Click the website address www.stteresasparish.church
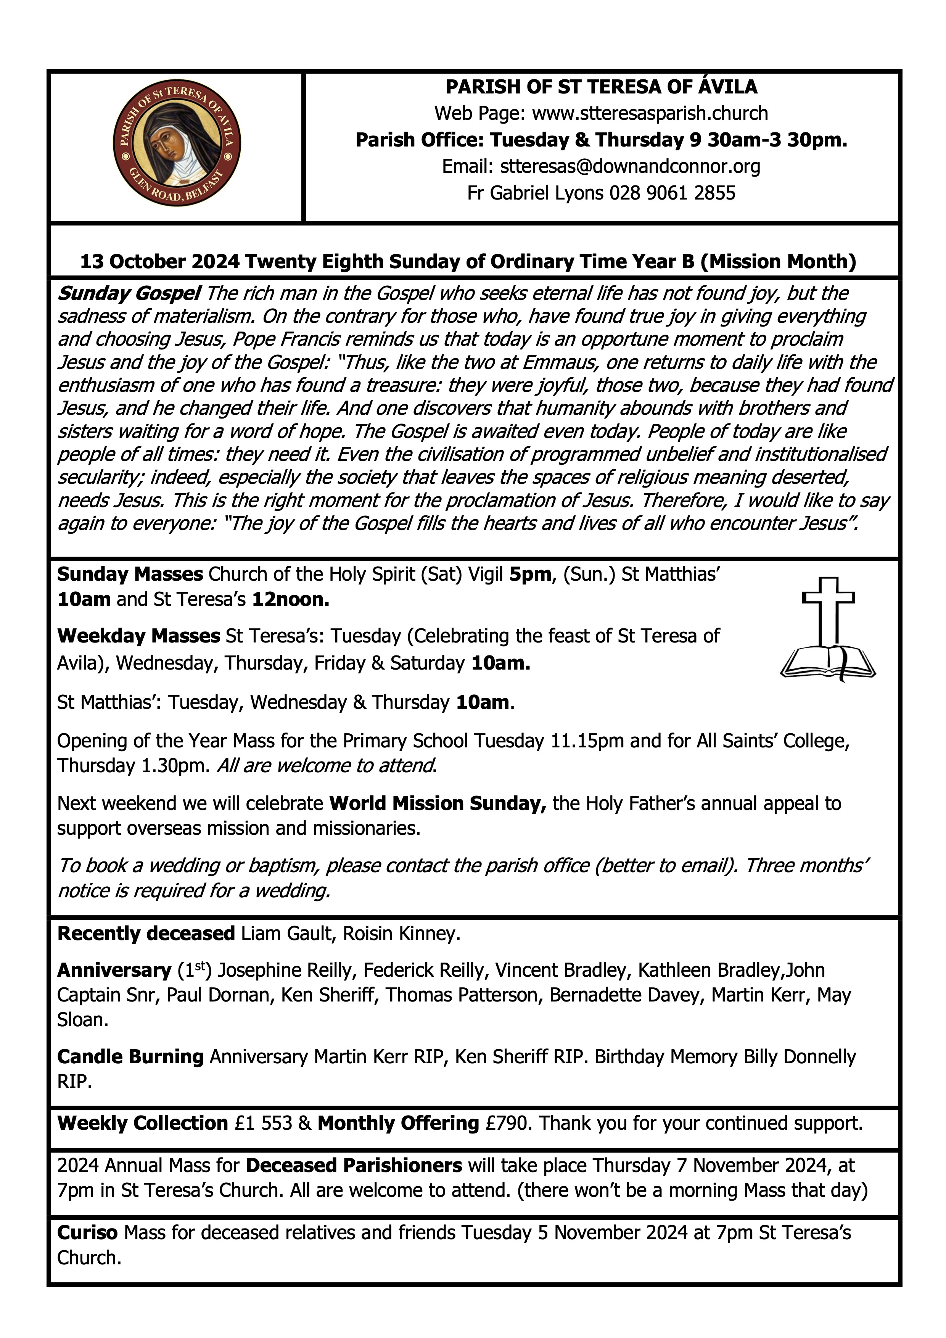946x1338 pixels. click(x=650, y=113)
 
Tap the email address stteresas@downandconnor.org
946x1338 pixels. click(x=630, y=167)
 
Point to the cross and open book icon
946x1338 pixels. click(x=828, y=630)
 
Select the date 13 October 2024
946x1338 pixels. click(x=159, y=262)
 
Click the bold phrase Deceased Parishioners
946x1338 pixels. click(x=354, y=1166)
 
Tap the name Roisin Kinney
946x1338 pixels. click(x=401, y=934)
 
